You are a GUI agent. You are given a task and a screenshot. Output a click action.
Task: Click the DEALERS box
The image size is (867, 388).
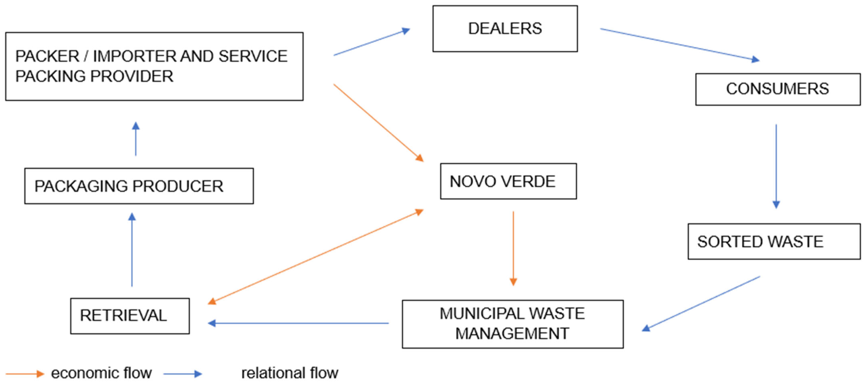(x=505, y=29)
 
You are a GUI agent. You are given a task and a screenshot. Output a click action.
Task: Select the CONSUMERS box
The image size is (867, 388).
(x=777, y=89)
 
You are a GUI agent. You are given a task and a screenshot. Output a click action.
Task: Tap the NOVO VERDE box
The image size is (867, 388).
(x=508, y=181)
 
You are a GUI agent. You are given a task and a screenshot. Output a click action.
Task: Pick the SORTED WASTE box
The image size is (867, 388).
(x=774, y=242)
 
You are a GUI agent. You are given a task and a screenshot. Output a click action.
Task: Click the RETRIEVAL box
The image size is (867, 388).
(x=130, y=316)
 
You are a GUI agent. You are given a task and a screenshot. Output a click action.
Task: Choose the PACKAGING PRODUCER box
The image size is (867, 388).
(x=139, y=186)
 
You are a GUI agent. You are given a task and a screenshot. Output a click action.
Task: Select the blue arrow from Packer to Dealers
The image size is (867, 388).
(x=372, y=42)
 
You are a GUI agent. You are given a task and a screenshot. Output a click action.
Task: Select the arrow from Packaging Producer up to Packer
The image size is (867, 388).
(x=136, y=139)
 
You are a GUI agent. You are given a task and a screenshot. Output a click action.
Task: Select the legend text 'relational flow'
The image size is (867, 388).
(x=290, y=373)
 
